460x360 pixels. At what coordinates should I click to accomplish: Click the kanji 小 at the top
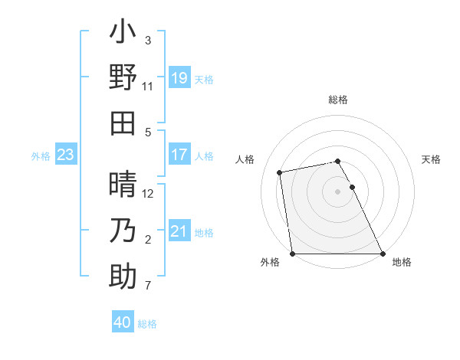[x=123, y=34]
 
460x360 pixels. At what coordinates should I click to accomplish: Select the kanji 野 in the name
[x=123, y=77]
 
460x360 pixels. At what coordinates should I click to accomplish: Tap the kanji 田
[x=123, y=122]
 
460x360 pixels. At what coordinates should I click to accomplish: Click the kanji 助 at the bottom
[x=123, y=277]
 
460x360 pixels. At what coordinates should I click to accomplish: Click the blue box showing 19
[x=179, y=77]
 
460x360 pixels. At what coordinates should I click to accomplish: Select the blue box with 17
[x=179, y=155]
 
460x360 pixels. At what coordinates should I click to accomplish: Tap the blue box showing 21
[x=179, y=231]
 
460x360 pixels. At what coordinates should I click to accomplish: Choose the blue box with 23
[x=66, y=155]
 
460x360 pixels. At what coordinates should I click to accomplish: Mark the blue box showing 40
[x=123, y=323]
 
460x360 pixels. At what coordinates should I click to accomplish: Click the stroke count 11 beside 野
[x=148, y=87]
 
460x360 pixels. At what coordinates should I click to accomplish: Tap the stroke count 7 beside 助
[x=148, y=286]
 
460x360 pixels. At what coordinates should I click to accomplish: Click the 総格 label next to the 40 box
[x=147, y=324]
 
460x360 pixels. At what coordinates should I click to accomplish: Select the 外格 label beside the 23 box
[x=41, y=156]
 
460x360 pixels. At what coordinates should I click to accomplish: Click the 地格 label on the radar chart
[x=402, y=263]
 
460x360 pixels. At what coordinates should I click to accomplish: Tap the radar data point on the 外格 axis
[x=293, y=254]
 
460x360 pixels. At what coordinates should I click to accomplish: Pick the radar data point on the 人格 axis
[x=281, y=172]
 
